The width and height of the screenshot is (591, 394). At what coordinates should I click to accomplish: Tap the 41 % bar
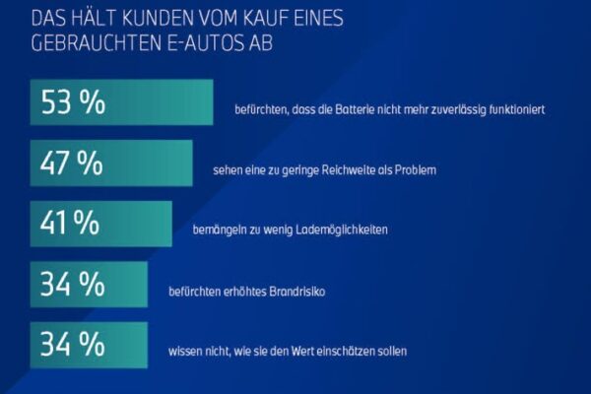tap(101, 224)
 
